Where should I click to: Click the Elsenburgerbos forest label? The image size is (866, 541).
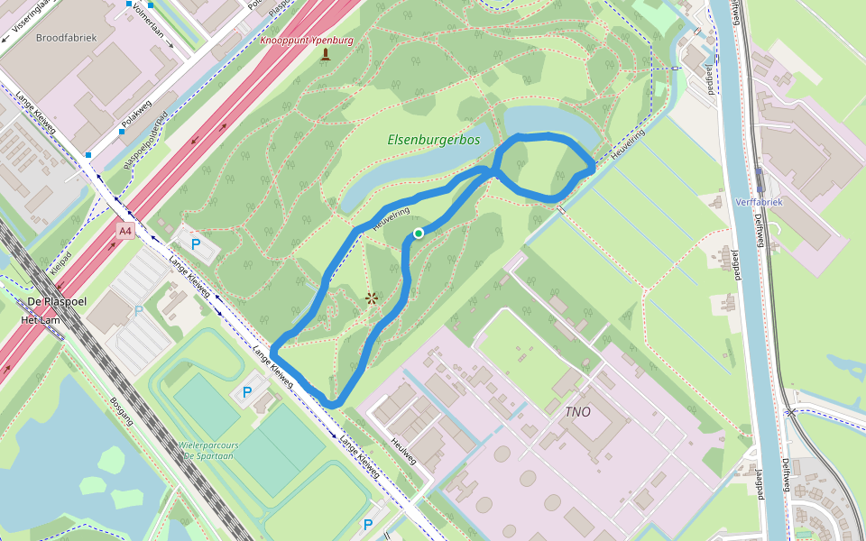tap(433, 141)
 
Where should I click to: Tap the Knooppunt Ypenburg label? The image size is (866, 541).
tap(307, 41)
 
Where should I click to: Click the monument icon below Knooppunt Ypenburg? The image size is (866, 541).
tap(326, 55)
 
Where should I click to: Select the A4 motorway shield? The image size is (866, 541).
tap(125, 232)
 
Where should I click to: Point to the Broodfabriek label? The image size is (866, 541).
tap(65, 38)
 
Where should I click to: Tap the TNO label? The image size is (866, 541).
tap(577, 412)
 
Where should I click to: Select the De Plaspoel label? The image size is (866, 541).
tap(51, 301)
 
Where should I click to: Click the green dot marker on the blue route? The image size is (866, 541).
tap(419, 234)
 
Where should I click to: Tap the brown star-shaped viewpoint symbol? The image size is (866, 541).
tap(371, 298)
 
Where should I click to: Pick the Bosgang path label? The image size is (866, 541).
tap(122, 411)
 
